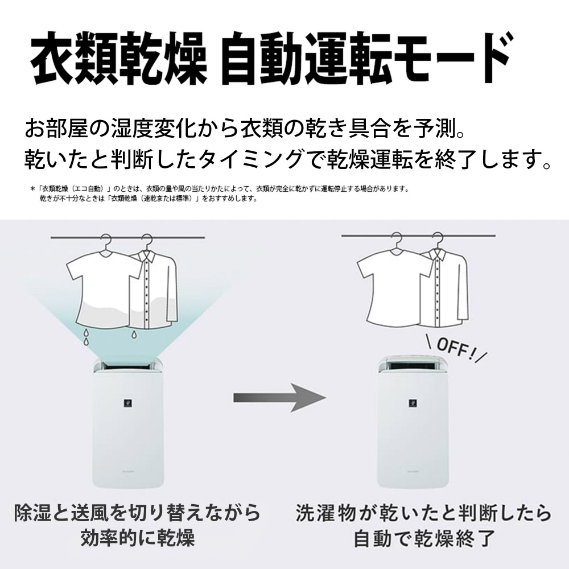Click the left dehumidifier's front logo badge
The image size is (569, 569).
coord(127,403)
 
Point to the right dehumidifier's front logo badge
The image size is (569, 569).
coord(413,402)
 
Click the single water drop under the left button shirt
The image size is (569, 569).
coord(134,334)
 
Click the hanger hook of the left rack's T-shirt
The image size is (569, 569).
coord(106,240)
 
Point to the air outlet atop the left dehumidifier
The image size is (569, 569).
coord(127,365)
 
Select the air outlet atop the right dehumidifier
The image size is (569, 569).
coord(412,365)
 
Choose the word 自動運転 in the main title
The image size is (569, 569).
coord(308,58)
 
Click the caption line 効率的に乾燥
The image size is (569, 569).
coord(138,538)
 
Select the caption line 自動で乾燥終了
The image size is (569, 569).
coord(423,538)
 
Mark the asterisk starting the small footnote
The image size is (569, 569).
coord(32,189)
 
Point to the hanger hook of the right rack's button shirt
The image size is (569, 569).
coord(437,239)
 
